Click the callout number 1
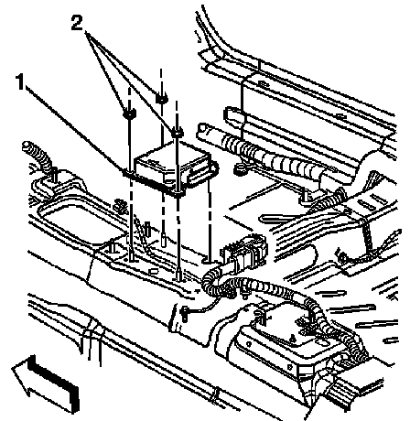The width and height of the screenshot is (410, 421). click(x=20, y=81)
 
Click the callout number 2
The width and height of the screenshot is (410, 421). click(x=77, y=23)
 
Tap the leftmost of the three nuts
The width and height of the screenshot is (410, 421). click(x=129, y=113)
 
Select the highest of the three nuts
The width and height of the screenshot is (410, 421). click(x=161, y=98)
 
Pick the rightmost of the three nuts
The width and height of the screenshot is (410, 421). click(x=177, y=133)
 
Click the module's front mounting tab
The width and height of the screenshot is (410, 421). click(x=178, y=192)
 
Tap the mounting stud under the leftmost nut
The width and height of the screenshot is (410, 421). click(x=132, y=254)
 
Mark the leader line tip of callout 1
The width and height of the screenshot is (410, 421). click(x=124, y=172)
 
